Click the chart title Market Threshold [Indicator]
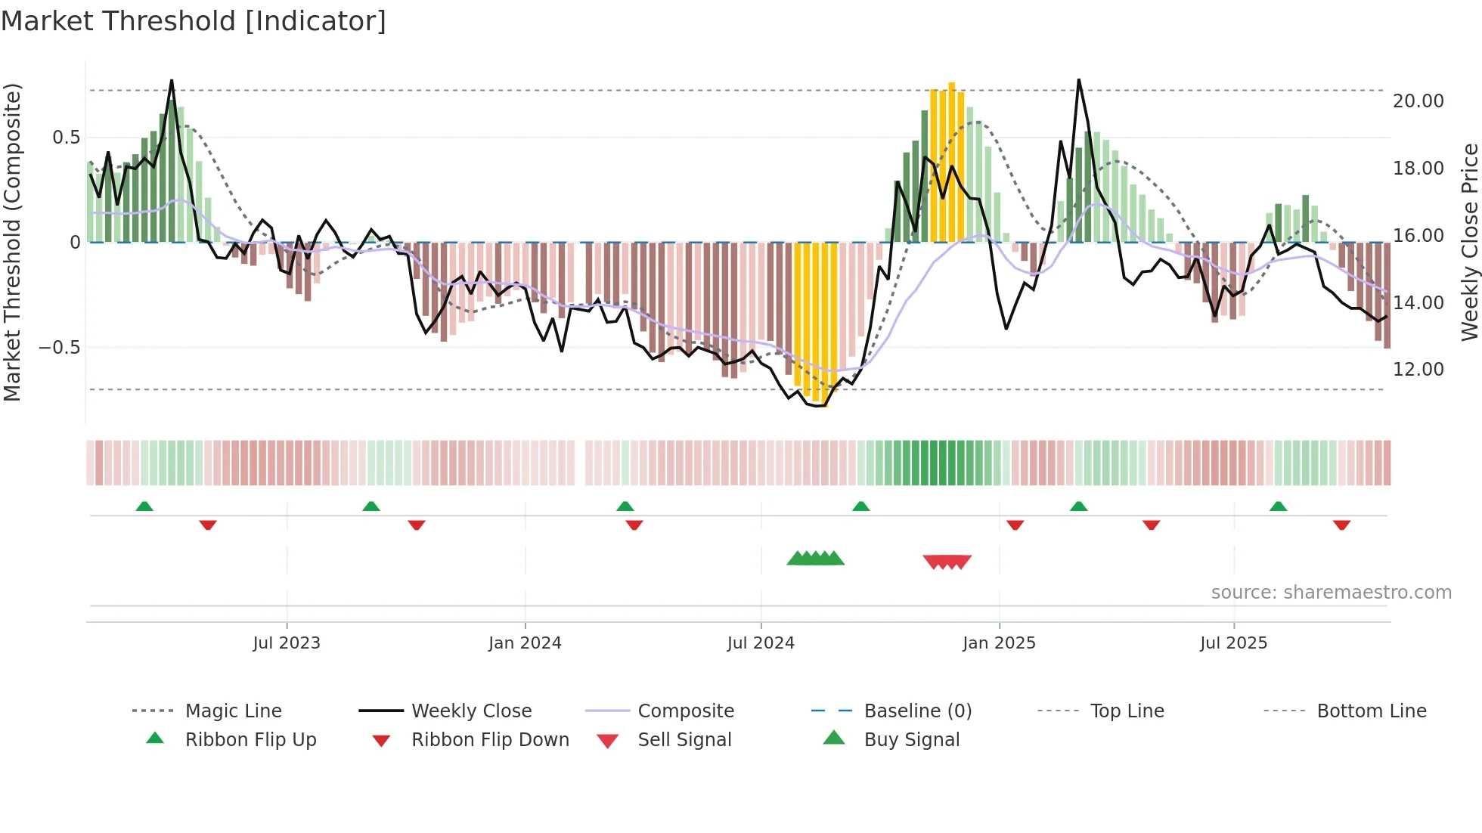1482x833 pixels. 194,21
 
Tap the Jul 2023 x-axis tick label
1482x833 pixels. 287,643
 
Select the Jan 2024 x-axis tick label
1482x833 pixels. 525,643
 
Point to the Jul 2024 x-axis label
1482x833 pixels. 761,643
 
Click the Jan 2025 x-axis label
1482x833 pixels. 999,643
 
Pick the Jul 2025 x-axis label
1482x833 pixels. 1233,643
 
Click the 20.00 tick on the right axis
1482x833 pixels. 1418,101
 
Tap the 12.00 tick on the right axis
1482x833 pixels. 1418,370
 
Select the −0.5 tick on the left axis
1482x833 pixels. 59,348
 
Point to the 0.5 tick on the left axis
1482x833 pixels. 66,138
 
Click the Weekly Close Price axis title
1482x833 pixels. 1469,242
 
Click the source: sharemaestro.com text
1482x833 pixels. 1331,593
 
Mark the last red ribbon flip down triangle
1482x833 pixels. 1341,525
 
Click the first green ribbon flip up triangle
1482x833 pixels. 144,506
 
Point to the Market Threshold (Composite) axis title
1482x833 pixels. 12,242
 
